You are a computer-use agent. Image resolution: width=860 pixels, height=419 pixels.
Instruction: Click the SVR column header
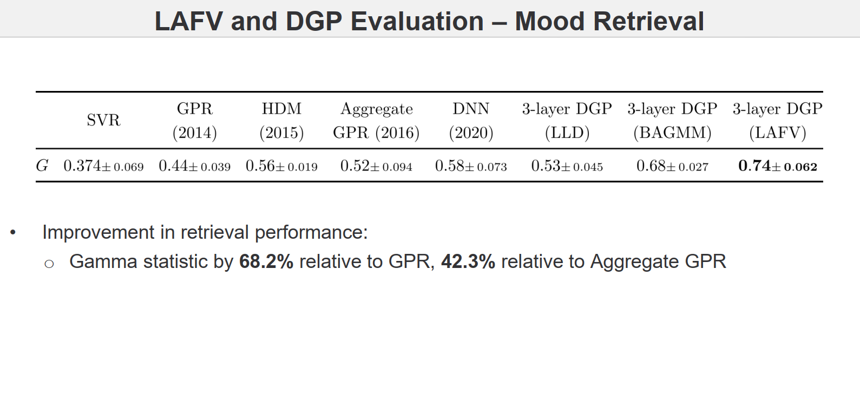pos(103,120)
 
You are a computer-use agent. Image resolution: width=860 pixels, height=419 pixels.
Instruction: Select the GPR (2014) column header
pos(195,121)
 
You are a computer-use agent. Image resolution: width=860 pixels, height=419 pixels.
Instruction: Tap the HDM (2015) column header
pos(281,121)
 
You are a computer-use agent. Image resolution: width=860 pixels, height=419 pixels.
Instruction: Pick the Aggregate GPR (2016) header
pos(376,121)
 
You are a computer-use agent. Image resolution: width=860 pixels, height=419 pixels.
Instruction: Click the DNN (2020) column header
pos(471,121)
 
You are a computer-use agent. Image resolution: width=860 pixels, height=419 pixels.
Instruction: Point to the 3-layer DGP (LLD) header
pos(567,121)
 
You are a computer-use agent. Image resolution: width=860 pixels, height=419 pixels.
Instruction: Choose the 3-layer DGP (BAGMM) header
pos(672,121)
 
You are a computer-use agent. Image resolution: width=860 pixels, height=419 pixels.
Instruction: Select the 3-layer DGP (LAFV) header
pos(777,121)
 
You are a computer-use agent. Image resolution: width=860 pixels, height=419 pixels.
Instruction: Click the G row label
pos(42,166)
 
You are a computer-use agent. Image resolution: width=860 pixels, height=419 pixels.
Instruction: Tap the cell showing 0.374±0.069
pos(103,166)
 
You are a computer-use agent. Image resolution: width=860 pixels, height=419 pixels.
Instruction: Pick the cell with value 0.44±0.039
pos(195,166)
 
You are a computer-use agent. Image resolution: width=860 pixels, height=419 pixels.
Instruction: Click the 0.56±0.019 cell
pos(281,166)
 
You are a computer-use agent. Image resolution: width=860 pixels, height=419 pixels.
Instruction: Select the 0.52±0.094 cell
pos(376,166)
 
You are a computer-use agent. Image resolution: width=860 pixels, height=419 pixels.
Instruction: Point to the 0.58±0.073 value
pos(471,166)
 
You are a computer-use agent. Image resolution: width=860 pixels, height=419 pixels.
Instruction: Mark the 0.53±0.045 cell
pos(567,166)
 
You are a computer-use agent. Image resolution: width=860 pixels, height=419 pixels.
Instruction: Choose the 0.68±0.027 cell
pos(672,166)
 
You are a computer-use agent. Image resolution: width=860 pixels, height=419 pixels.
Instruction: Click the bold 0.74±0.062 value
pos(777,166)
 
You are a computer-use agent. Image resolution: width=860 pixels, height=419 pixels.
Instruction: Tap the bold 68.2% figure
pos(266,261)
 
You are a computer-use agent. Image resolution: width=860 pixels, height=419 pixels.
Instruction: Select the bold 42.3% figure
pos(468,261)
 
